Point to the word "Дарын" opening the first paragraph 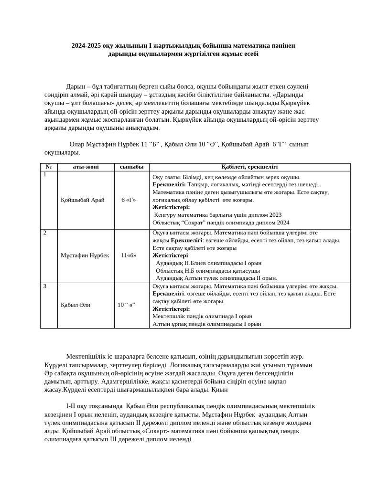tap(75, 86)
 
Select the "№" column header tap(49, 167)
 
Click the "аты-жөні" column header tap(86, 167)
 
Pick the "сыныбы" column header tap(131, 167)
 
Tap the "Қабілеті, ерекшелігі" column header tap(249, 167)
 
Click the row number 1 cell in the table tap(45, 175)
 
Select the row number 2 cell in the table tap(45, 233)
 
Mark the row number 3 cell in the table tap(45, 286)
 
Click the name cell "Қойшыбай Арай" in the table tap(82, 200)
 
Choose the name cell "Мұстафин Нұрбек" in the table tap(85, 255)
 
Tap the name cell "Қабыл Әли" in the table tap(76, 305)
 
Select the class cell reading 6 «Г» tap(129, 200)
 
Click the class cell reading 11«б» tap(129, 255)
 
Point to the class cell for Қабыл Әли tap(127, 305)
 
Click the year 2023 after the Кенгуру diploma tap(275, 215)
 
